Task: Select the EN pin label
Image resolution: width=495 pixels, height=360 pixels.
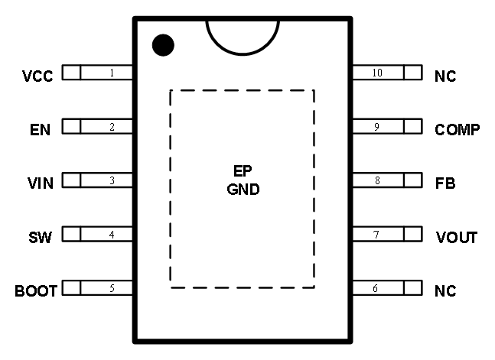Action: pyautogui.click(x=40, y=130)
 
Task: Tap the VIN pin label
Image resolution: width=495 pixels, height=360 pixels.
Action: pyautogui.click(x=39, y=183)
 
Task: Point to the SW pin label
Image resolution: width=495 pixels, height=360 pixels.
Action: pyautogui.click(x=41, y=238)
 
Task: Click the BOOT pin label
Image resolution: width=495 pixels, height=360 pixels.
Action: pyautogui.click(x=36, y=291)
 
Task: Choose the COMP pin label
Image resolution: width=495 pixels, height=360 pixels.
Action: pyautogui.click(x=458, y=130)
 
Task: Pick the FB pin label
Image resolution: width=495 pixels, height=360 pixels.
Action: pyautogui.click(x=445, y=183)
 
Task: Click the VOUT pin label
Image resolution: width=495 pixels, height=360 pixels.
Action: pyautogui.click(x=456, y=238)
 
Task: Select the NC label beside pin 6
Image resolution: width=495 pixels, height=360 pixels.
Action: pyautogui.click(x=445, y=291)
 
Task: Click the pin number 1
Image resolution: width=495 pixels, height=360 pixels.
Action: pyautogui.click(x=112, y=73)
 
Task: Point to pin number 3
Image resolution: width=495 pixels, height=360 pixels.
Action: pyautogui.click(x=112, y=181)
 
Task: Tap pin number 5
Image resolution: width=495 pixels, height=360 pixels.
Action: pyautogui.click(x=112, y=289)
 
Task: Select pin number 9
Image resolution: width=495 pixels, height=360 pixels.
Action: pyautogui.click(x=376, y=127)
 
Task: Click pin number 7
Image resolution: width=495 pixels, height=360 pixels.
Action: pyautogui.click(x=376, y=235)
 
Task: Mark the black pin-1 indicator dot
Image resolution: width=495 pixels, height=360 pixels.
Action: pyautogui.click(x=162, y=45)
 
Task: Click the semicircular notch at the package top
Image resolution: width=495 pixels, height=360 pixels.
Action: pyautogui.click(x=243, y=34)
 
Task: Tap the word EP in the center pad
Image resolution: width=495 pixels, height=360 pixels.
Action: pyautogui.click(x=243, y=173)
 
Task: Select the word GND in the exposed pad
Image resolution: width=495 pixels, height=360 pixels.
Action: pyautogui.click(x=243, y=190)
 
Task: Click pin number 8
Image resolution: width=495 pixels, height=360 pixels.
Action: pyautogui.click(x=376, y=181)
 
